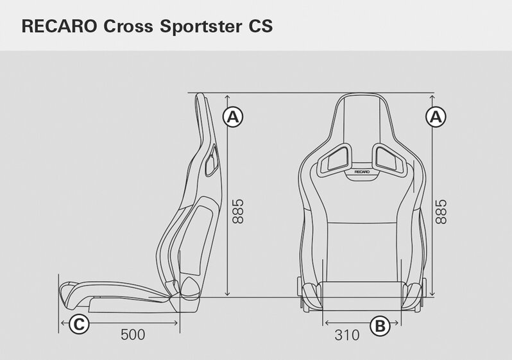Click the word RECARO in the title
(x=59, y=26)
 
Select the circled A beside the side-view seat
(x=233, y=117)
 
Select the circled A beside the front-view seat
(x=436, y=117)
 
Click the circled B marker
(x=380, y=326)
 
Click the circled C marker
(x=79, y=325)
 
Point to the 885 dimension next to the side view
(x=237, y=211)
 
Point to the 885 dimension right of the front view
(x=441, y=211)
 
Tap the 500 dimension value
(x=133, y=334)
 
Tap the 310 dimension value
(x=346, y=335)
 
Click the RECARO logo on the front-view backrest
(x=362, y=171)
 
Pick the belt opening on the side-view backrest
(x=212, y=160)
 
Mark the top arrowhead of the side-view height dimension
(x=228, y=97)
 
